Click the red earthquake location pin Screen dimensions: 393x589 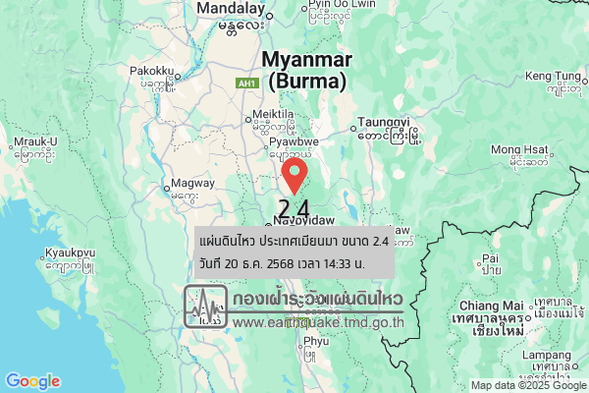(x=294, y=177)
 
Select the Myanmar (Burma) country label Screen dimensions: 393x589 (x=306, y=71)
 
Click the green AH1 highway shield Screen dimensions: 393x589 (x=247, y=84)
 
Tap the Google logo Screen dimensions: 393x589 (x=32, y=381)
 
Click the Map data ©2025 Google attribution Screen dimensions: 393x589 (x=527, y=385)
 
